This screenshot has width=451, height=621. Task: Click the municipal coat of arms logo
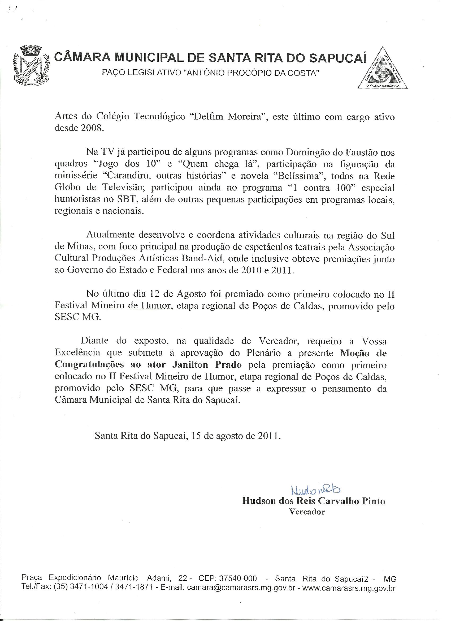[x=31, y=66]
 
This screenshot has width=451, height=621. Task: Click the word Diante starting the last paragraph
[x=94, y=341]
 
